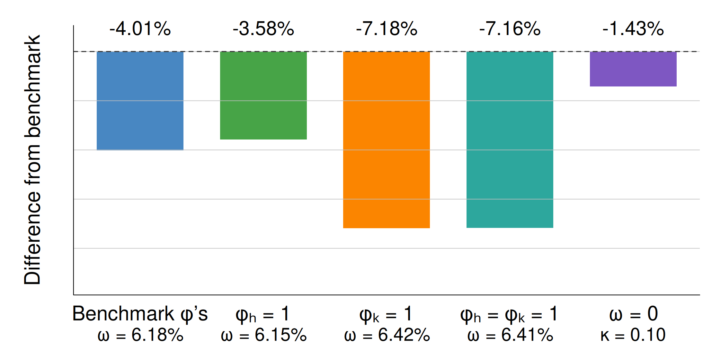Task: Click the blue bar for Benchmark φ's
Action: point(140,101)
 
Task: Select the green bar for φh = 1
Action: point(263,95)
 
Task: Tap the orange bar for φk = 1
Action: point(387,140)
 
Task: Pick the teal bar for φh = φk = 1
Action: point(510,139)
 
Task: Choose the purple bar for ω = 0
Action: point(633,69)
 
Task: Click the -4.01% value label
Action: point(140,29)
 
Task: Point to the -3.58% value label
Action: point(263,29)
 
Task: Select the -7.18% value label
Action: point(387,29)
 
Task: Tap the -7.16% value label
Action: point(510,29)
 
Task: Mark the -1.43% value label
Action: point(633,29)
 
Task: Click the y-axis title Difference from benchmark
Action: point(32,160)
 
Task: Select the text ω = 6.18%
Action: point(140,335)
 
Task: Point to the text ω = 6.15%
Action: point(264,335)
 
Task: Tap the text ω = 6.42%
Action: point(387,335)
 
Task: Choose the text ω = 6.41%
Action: point(510,335)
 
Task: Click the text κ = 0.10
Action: point(633,335)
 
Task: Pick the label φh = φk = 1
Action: point(509,314)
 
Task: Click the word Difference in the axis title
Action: point(32,238)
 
